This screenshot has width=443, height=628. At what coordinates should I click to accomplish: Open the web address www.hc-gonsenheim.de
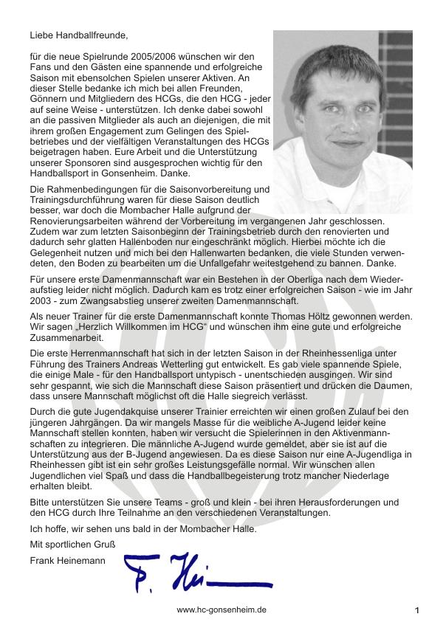tap(221, 611)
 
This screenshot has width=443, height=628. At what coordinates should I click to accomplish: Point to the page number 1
tap(416, 611)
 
